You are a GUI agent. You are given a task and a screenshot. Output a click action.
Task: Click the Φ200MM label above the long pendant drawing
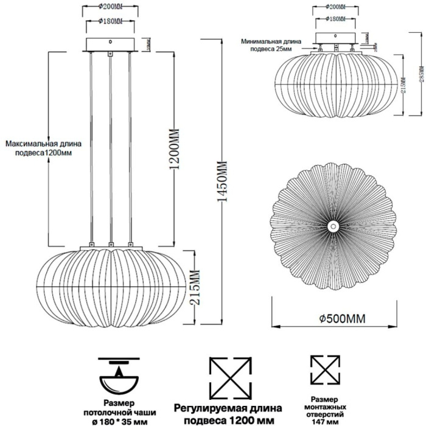(110, 9)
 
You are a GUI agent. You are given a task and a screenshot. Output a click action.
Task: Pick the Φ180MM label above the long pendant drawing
(110, 21)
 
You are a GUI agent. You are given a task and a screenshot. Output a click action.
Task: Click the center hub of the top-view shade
(333, 226)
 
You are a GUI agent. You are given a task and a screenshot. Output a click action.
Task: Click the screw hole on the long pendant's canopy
(110, 43)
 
